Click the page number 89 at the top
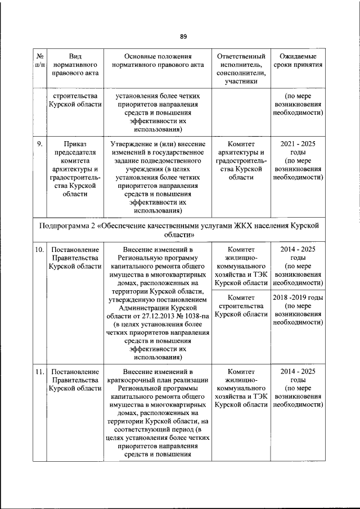click(x=183, y=37)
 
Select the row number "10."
click(x=40, y=249)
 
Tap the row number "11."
click(x=40, y=372)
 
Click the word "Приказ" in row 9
click(x=75, y=144)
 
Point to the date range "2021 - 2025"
click(x=298, y=144)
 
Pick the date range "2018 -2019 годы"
click(x=298, y=298)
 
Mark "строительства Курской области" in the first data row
click(x=75, y=100)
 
